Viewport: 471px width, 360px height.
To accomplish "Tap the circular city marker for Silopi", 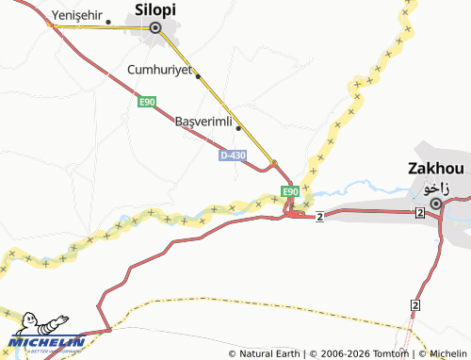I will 155,28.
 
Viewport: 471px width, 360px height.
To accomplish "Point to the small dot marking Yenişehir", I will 109,22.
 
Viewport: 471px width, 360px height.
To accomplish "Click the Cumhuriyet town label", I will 159,70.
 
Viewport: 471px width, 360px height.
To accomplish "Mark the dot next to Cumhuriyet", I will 198,75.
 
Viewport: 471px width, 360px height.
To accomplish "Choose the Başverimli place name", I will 203,121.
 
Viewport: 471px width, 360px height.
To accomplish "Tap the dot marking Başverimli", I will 238,128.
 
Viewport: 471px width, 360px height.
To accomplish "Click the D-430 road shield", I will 233,155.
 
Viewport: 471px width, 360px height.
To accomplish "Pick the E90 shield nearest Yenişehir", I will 145,102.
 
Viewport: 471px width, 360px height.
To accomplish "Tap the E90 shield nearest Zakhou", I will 290,192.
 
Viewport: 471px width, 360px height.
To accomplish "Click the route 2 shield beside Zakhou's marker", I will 417,215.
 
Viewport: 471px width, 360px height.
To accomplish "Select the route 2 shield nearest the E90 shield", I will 320,217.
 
